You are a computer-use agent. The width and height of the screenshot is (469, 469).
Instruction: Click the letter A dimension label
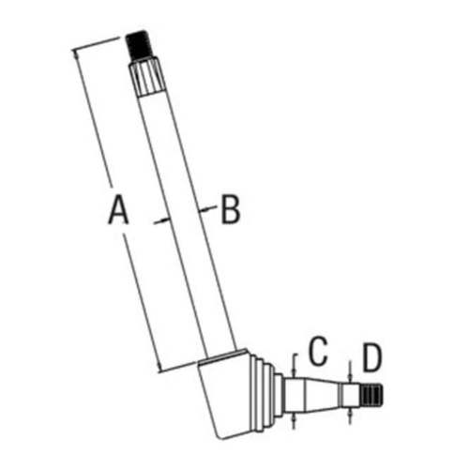pyautogui.click(x=118, y=209)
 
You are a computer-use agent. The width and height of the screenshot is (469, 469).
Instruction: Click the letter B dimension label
pyautogui.click(x=231, y=209)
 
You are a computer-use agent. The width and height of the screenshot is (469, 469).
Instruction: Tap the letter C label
pyautogui.click(x=318, y=351)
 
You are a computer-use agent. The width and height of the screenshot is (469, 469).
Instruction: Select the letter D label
pyautogui.click(x=372, y=357)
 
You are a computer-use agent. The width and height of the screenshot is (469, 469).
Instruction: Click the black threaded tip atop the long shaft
pyautogui.click(x=139, y=45)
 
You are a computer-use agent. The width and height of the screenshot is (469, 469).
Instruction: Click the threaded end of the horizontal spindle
pyautogui.click(x=372, y=396)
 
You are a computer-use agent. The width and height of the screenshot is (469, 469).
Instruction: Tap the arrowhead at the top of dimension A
pyautogui.click(x=76, y=54)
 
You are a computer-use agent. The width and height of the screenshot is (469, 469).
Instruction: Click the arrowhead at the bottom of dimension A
pyautogui.click(x=159, y=367)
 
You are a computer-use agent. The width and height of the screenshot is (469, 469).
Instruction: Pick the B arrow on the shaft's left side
pyautogui.click(x=162, y=220)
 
